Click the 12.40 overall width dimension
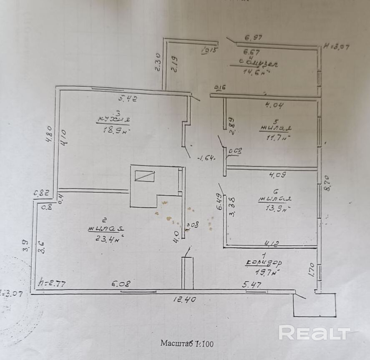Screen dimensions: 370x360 184,299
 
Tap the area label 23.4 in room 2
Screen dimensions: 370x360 106,238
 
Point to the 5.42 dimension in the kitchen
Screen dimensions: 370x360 128,99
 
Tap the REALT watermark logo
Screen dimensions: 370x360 314,333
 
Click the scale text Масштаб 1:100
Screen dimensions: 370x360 187,344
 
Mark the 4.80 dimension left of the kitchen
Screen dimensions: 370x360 48,134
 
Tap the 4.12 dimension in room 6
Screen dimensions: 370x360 269,242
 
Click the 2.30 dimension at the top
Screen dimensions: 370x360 158,62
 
